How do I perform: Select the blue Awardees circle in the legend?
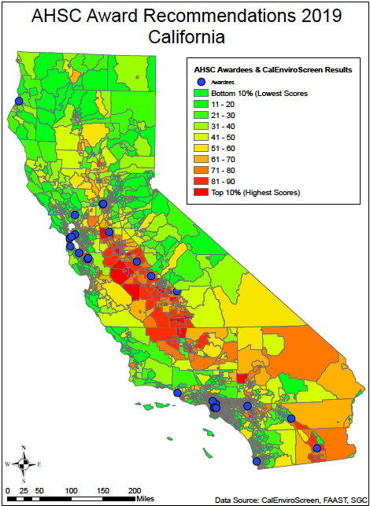click(x=201, y=82)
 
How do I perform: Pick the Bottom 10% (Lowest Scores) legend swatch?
click(x=201, y=94)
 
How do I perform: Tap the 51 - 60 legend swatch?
click(x=201, y=148)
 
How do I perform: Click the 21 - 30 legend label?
click(x=225, y=115)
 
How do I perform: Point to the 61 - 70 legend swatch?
click(x=201, y=159)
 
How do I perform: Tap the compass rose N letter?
click(x=24, y=449)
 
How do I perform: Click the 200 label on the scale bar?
click(x=135, y=489)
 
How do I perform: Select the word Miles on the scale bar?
click(x=145, y=498)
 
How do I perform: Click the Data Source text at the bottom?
click(x=290, y=499)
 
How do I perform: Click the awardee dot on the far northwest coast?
click(x=18, y=101)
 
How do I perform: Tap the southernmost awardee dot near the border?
click(x=256, y=461)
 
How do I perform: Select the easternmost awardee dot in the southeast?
click(x=317, y=449)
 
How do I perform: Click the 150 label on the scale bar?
click(x=103, y=489)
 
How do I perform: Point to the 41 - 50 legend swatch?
click(x=201, y=137)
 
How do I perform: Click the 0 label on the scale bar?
click(x=7, y=489)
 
